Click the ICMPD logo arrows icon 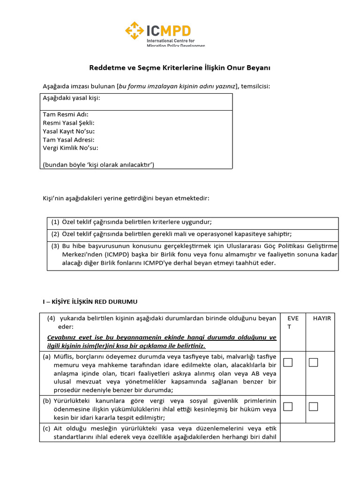pyautogui.click(x=135, y=31)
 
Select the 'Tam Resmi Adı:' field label pyautogui.click(x=65, y=114)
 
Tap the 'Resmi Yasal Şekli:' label pyautogui.click(x=68, y=123)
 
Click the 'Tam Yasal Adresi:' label pyautogui.click(x=68, y=140)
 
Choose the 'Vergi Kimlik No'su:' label pyautogui.click(x=70, y=148)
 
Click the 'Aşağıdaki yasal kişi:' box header pyautogui.click(x=71, y=98)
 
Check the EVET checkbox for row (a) pyautogui.click(x=288, y=362)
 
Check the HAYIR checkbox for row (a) pyautogui.click(x=314, y=362)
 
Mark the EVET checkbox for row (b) pyautogui.click(x=288, y=406)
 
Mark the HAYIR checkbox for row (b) pyautogui.click(x=314, y=406)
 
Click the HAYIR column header pyautogui.click(x=322, y=318)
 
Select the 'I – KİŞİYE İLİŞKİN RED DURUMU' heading pyautogui.click(x=90, y=301)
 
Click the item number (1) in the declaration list pyautogui.click(x=55, y=222)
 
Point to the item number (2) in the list pyautogui.click(x=55, y=234)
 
